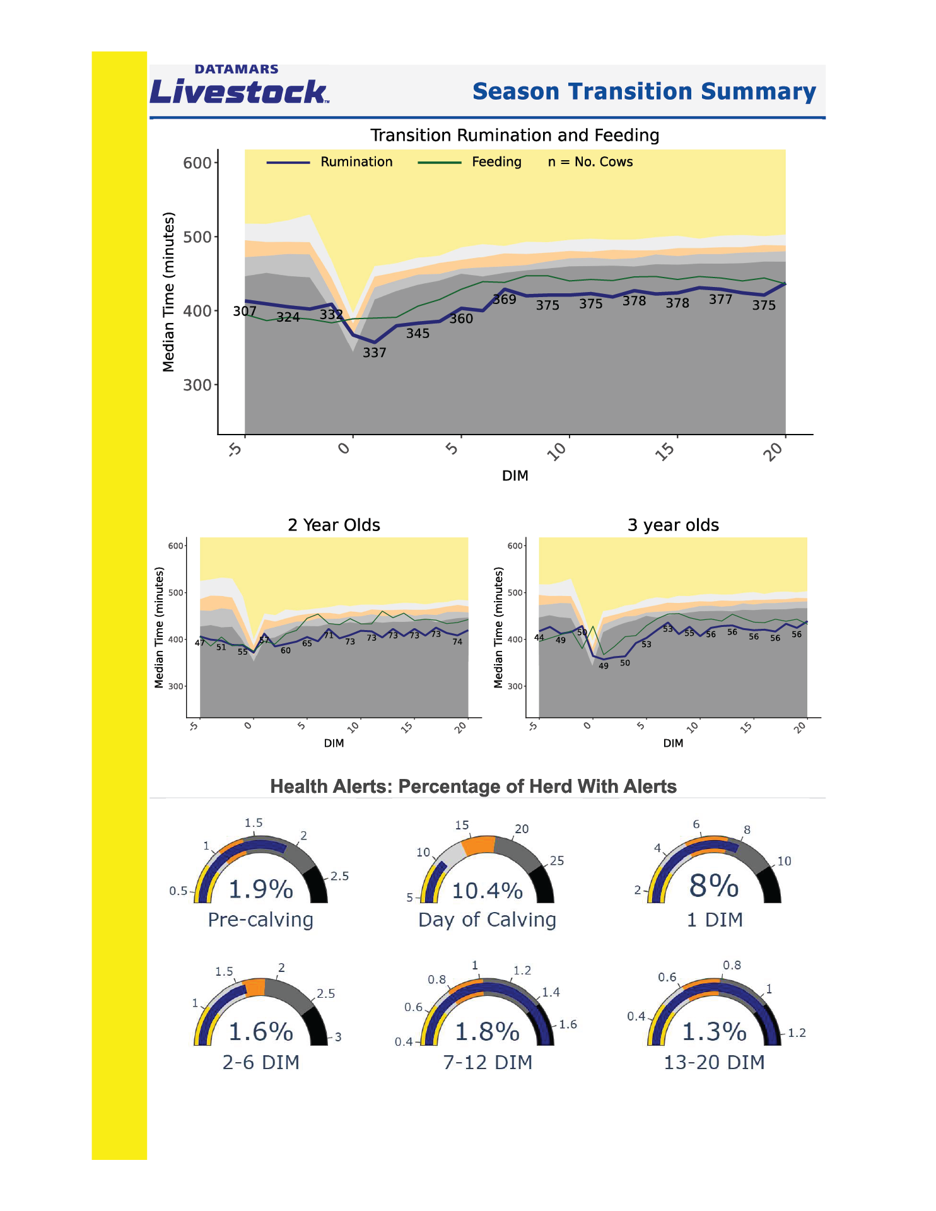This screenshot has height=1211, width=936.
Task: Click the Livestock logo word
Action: click(x=238, y=92)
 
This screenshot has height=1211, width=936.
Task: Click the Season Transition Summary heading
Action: click(x=644, y=92)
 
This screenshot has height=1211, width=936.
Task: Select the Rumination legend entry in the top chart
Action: click(x=356, y=162)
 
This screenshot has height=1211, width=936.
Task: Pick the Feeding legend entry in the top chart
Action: click(x=496, y=162)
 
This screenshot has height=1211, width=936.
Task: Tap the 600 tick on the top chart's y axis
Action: click(x=197, y=163)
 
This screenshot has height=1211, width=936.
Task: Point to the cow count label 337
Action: click(x=374, y=353)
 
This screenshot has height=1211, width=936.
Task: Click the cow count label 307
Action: click(x=245, y=312)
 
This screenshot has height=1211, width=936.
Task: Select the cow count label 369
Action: click(x=505, y=300)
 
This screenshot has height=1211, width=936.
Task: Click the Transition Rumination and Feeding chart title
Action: click(x=515, y=136)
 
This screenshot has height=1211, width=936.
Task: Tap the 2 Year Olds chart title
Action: click(x=334, y=525)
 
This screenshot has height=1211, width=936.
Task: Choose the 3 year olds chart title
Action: click(x=673, y=525)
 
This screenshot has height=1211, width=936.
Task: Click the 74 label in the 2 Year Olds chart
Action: click(x=457, y=642)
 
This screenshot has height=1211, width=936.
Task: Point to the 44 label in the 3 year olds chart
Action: click(x=539, y=638)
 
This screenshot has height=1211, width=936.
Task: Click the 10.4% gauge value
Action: click(x=488, y=891)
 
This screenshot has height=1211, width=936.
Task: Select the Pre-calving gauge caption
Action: click(x=260, y=920)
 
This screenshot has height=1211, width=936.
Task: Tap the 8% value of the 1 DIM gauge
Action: click(x=714, y=886)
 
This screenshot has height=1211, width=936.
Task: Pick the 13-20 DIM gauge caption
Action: click(x=714, y=1063)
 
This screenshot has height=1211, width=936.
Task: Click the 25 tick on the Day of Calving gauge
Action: click(x=557, y=861)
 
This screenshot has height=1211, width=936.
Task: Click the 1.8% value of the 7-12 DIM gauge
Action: click(x=488, y=1033)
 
